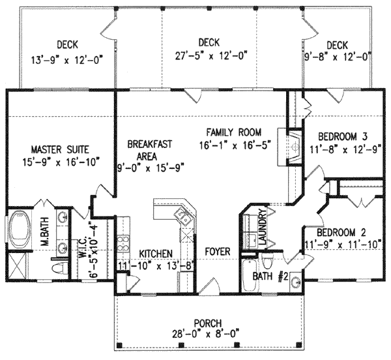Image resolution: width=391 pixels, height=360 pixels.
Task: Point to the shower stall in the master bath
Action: tap(20, 266)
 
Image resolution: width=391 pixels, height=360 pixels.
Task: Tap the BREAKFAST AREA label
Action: tap(146, 150)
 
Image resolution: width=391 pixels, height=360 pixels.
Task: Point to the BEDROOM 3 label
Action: tap(343, 136)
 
